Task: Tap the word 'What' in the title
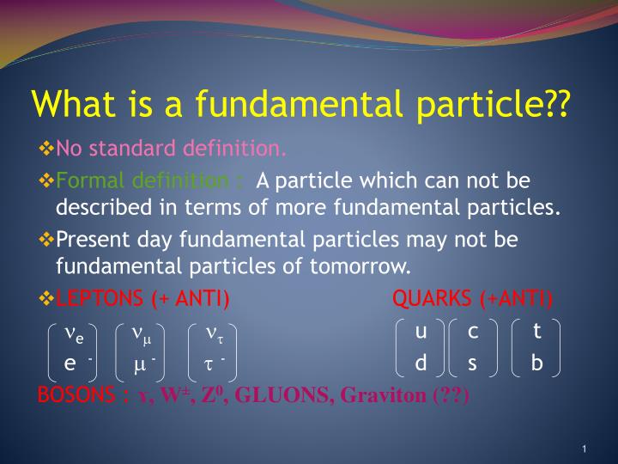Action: (x=74, y=103)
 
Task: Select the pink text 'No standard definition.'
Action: (x=171, y=149)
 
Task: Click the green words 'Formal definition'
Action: (x=142, y=180)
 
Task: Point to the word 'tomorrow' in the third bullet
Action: (x=357, y=266)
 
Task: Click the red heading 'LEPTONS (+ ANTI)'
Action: (x=142, y=298)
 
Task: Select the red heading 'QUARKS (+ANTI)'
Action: (x=472, y=298)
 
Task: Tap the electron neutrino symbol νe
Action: (x=74, y=334)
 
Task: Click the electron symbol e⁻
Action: (x=78, y=363)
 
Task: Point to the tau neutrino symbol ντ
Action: (x=215, y=334)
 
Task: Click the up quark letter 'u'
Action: (x=421, y=332)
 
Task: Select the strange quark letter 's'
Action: (x=472, y=363)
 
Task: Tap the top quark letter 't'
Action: (x=536, y=330)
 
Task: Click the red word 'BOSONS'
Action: (x=76, y=394)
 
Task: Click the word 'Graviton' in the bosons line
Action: (x=384, y=395)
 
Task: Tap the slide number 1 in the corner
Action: (x=585, y=449)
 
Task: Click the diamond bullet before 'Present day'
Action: (x=46, y=239)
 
